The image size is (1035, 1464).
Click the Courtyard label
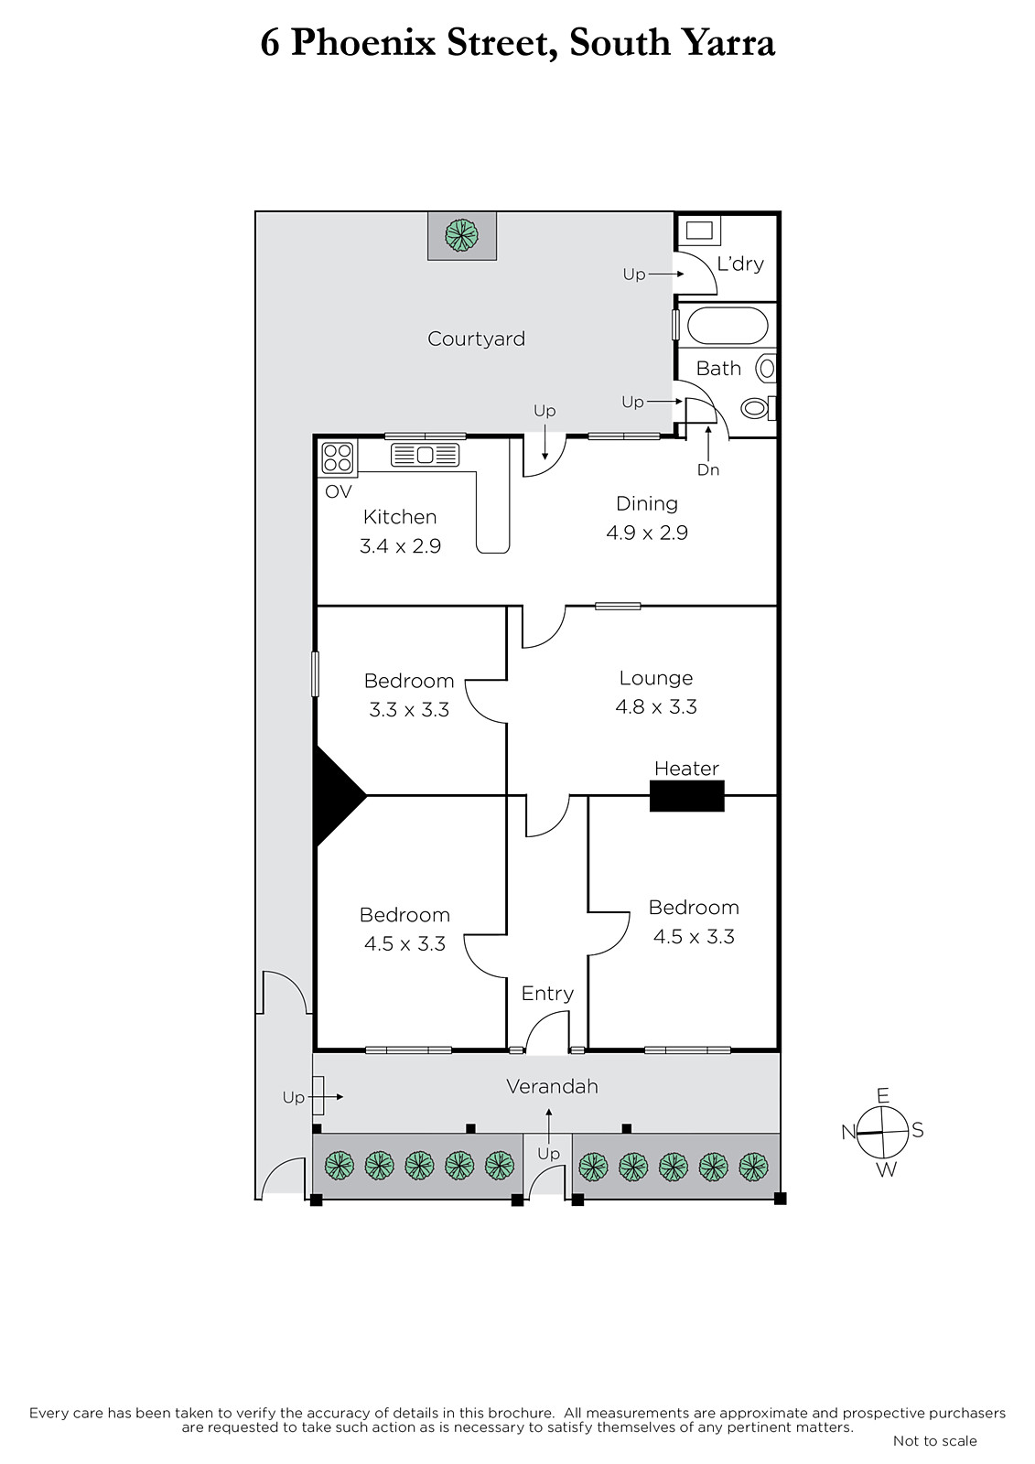point(476,339)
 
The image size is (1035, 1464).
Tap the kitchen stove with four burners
point(338,457)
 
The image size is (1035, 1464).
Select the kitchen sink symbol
point(425,455)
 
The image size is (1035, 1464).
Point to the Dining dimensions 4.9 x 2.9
point(647,533)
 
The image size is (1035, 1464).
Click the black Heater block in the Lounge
point(686,795)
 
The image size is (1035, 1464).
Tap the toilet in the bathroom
point(759,408)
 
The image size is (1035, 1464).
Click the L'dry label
point(740,264)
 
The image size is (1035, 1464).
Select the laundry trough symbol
point(699,231)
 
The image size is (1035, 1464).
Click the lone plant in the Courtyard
point(461,234)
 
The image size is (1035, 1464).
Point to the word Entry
point(547,994)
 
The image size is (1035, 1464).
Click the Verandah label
point(552,1086)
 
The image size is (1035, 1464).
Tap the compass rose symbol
point(883,1131)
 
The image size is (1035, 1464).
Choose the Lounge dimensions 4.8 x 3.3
point(656,706)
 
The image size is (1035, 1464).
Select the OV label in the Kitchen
point(338,491)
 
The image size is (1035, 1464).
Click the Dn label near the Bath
point(708,469)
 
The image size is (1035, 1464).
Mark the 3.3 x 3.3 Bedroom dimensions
point(409,709)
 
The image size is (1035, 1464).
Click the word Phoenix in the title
point(363,43)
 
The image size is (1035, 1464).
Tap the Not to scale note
point(935,1440)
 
